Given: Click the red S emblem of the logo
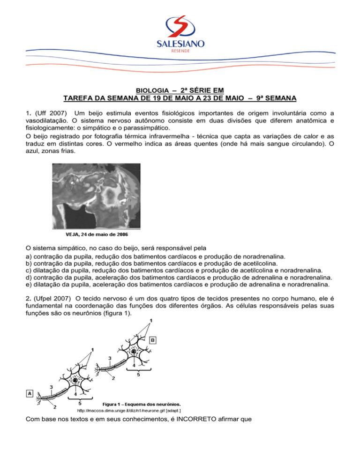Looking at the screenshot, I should pos(180,27).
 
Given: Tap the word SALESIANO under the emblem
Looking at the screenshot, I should pos(180,44).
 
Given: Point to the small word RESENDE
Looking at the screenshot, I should pos(180,52).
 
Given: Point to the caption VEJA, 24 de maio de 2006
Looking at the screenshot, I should pos(96,233).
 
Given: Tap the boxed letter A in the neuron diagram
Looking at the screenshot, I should pos(29,393).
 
